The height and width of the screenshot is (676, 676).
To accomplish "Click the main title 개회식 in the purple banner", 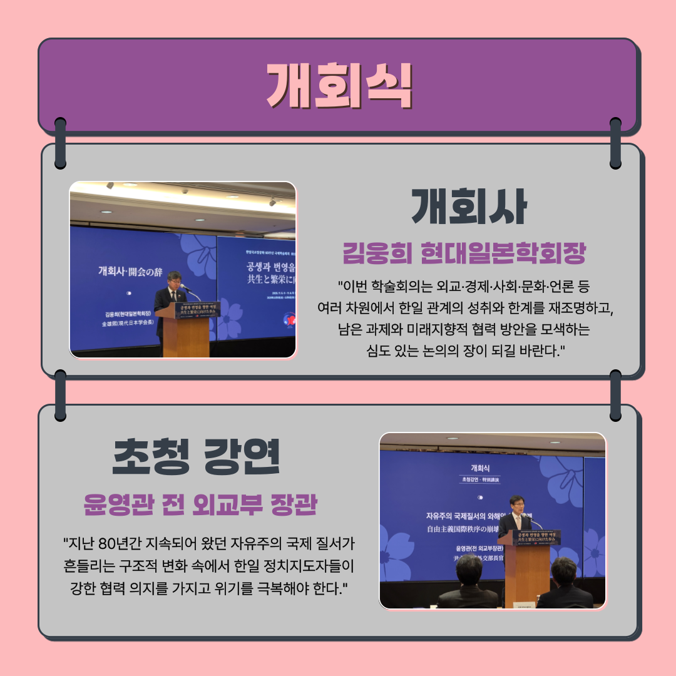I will (x=339, y=86).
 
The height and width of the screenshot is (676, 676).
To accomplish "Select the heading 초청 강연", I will (x=195, y=458).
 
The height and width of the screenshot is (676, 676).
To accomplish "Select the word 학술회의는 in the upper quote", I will (x=400, y=287).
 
